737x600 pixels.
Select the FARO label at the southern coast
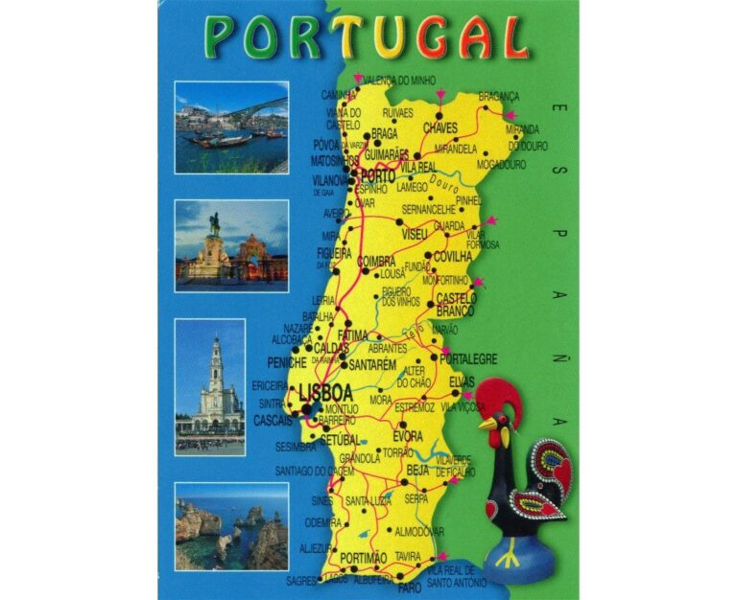tap(409, 587)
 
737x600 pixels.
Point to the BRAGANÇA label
tap(498, 97)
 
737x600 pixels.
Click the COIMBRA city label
tap(375, 262)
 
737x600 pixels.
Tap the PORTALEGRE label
tap(469, 359)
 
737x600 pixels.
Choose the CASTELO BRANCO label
tap(456, 305)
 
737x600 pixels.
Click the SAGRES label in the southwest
tap(300, 580)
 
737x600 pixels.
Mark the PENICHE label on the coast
tap(287, 363)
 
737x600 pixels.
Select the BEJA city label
tap(417, 470)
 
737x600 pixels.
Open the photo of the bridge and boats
tap(231, 127)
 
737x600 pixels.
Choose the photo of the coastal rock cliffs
tap(231, 526)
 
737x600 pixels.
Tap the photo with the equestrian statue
tap(231, 245)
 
